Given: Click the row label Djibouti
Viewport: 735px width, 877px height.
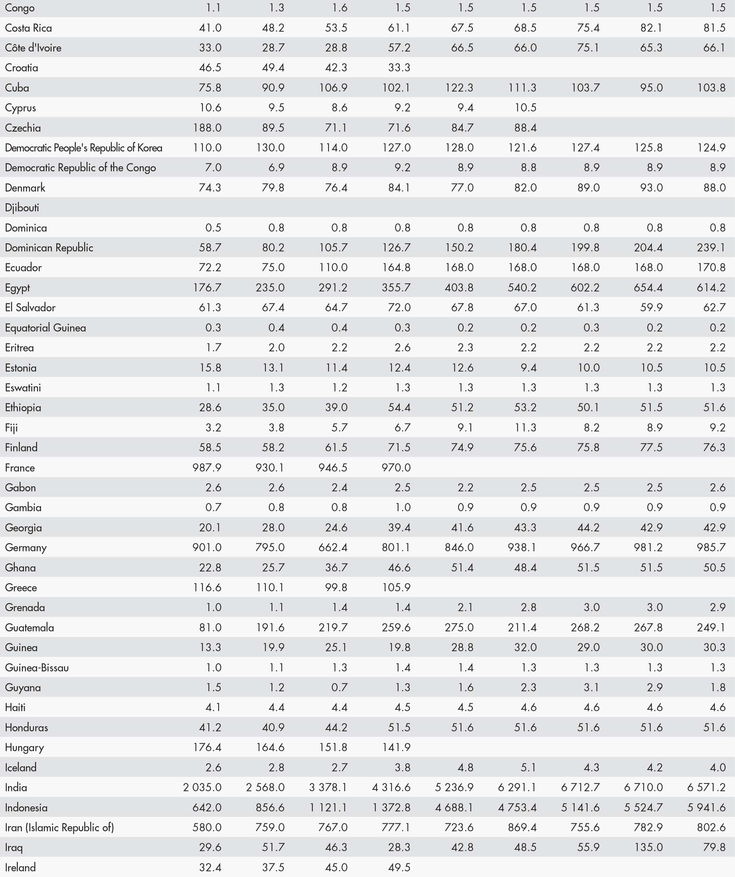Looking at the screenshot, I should tap(22, 208).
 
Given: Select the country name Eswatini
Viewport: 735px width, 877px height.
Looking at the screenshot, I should tap(23, 388).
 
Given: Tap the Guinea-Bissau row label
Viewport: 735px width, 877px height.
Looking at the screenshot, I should tap(37, 667).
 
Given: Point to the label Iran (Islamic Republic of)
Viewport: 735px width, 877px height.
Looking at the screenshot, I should tap(59, 827).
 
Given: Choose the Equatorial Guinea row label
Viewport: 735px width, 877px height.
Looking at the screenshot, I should tap(45, 327).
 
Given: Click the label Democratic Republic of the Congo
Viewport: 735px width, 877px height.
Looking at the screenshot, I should tap(80, 168).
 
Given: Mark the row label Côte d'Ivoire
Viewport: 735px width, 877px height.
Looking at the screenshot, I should tap(33, 47).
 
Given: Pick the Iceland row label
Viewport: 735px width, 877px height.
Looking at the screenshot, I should tap(21, 767).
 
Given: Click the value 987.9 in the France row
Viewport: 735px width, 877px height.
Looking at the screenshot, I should tap(207, 467).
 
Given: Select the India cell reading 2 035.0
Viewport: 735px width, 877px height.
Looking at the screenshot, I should tap(202, 787).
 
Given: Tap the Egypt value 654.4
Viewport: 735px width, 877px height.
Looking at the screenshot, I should tap(648, 287).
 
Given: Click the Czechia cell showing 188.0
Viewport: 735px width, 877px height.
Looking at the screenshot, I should tap(207, 127).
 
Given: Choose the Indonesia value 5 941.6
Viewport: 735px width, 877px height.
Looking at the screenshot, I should tap(707, 807).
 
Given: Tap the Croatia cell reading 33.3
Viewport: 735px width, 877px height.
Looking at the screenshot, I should tap(399, 68).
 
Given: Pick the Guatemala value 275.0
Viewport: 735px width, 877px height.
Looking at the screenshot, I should tap(459, 627).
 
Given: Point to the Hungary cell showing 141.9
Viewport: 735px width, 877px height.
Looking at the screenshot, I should tap(396, 747).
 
